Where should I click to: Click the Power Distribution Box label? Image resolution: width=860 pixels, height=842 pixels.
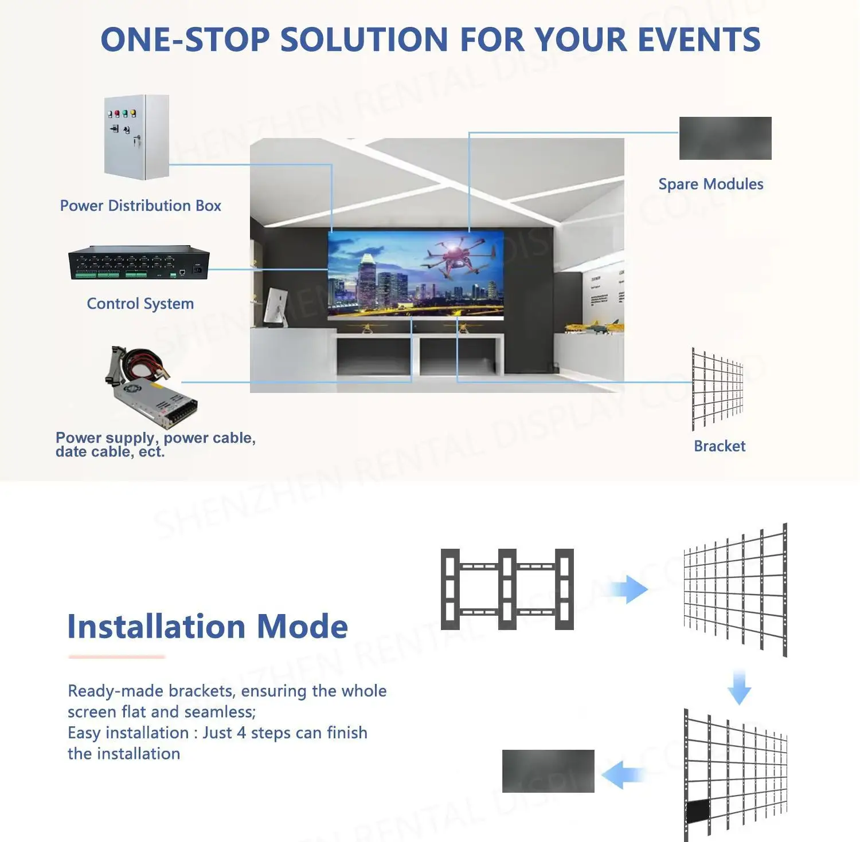140,206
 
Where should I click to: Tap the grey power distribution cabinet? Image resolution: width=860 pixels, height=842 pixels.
136,137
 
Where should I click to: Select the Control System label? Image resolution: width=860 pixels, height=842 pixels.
140,304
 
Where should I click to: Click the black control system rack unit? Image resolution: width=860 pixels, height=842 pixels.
139,264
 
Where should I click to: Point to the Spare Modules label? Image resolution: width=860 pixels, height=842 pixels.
710,184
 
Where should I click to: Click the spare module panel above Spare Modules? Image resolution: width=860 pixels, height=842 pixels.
725,139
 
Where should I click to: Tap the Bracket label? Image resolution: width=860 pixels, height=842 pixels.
720,446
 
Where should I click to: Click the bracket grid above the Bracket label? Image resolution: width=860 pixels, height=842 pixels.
717,389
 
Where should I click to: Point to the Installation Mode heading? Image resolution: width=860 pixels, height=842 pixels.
208,626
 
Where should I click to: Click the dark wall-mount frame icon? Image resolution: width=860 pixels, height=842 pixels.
507,589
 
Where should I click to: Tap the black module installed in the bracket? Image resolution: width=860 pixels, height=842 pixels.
698,810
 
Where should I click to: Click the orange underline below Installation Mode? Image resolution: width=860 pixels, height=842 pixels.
116,657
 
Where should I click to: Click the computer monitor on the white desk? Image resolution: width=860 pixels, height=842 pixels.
276,306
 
